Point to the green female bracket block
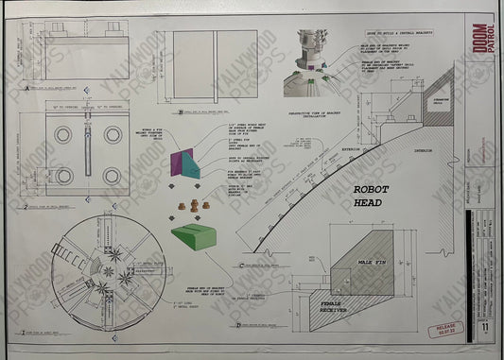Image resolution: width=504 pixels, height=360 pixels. click(x=198, y=239)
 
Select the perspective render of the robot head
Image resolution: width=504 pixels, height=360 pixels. click(x=314, y=51)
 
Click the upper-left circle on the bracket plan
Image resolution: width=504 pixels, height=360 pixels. click(x=63, y=135)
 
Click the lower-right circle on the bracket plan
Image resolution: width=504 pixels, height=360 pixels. click(x=112, y=175)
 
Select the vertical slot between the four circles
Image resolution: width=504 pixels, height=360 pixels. click(x=88, y=154)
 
